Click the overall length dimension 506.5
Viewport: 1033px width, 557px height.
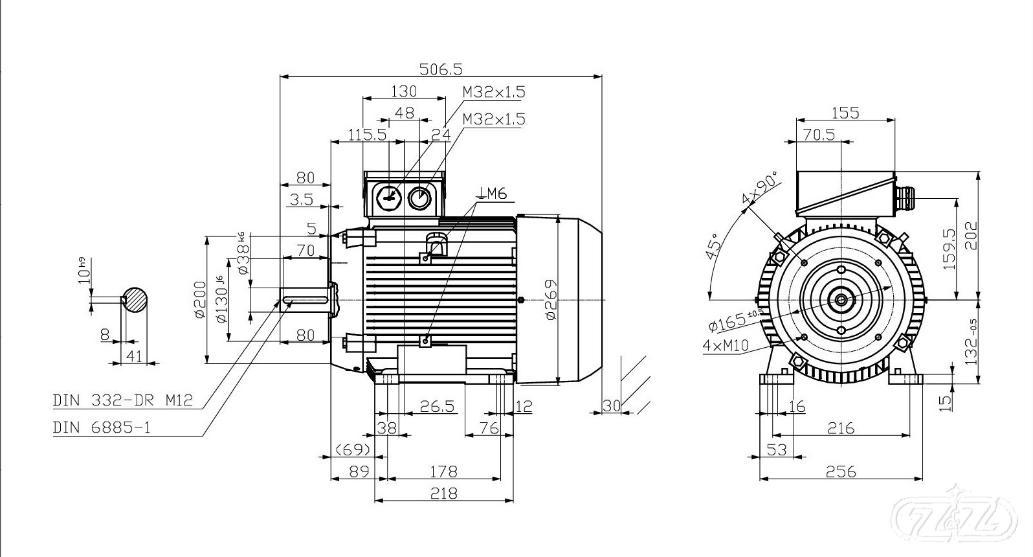coord(441,68)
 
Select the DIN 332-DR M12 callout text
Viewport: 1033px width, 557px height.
coord(122,400)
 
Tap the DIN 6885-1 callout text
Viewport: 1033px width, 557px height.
coord(102,427)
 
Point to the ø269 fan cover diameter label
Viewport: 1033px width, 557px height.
coord(550,299)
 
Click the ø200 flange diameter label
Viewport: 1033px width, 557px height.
coord(200,300)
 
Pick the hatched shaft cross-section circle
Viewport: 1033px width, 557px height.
coord(135,300)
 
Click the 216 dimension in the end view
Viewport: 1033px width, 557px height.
coord(840,428)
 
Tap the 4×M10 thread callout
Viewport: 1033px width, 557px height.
coord(725,346)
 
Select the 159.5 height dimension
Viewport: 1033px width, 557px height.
coord(963,250)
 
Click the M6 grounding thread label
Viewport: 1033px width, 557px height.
coord(491,193)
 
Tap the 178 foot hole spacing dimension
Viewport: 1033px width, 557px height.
coord(444,472)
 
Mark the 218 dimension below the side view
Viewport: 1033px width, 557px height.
coord(444,494)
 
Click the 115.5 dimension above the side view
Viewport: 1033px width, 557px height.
coord(367,134)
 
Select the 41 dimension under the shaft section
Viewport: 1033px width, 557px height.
coord(134,355)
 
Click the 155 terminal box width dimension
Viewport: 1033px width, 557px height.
coord(845,113)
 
